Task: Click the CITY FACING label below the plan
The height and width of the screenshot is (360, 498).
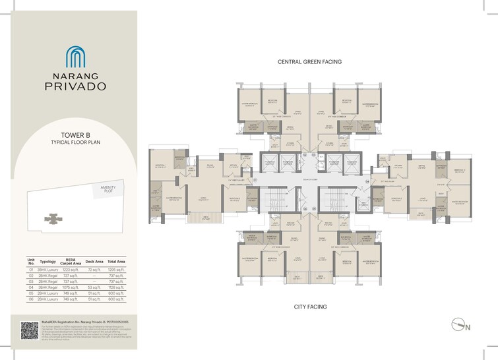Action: click(310, 307)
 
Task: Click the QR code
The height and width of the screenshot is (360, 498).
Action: click(30, 330)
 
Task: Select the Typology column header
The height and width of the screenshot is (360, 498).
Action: click(48, 262)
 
